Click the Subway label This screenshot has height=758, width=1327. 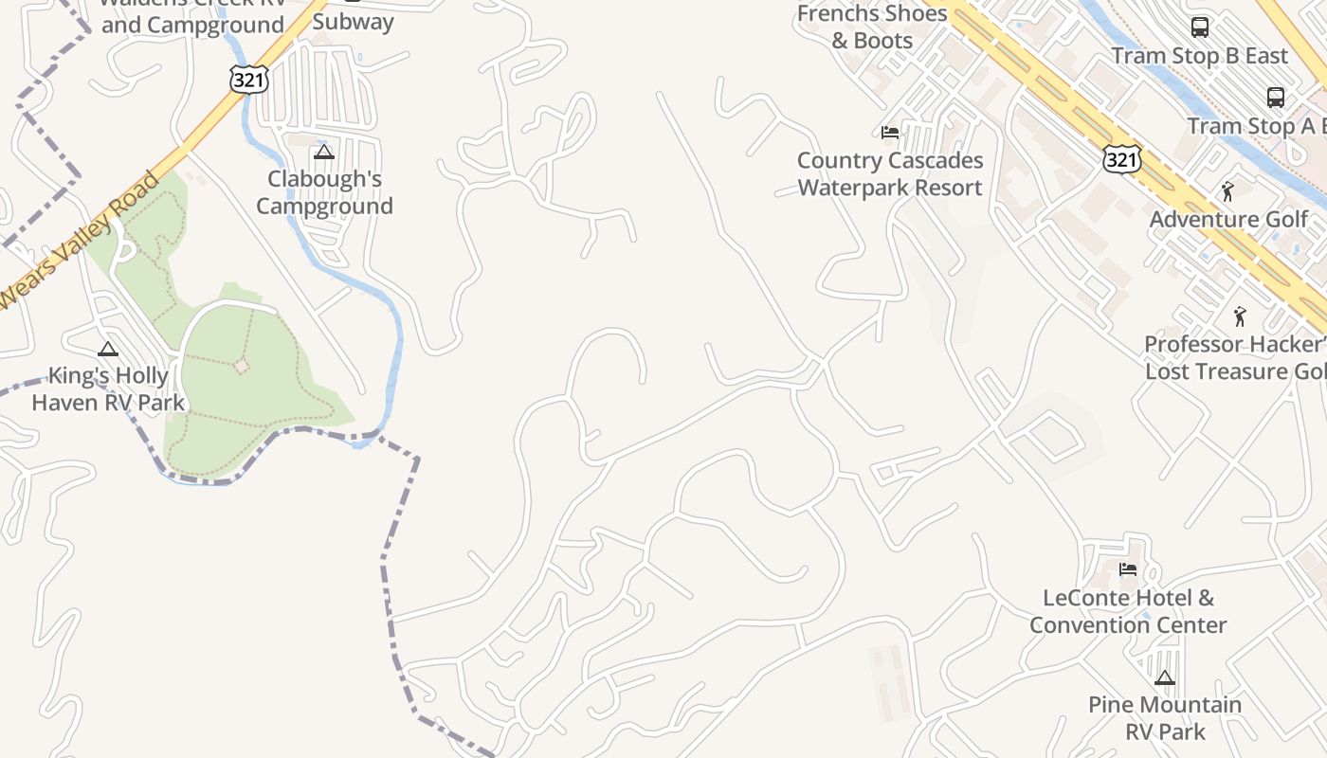coord(353,22)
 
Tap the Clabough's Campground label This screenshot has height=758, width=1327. coord(324,192)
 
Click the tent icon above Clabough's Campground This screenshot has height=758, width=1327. coord(324,152)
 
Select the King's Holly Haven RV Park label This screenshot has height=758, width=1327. coord(108,389)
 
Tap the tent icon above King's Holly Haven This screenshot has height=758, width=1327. coord(108,349)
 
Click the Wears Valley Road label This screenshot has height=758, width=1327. coord(80,241)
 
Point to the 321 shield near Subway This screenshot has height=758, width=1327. coord(248,80)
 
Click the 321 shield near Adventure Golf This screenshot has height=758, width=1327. coord(1121,159)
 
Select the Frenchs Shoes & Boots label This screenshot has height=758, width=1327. coord(872,27)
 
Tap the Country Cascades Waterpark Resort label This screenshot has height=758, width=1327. coord(890,174)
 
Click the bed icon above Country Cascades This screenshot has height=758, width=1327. coord(890,132)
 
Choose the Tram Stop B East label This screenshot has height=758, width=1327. coord(1200,56)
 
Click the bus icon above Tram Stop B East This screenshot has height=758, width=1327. coord(1200,27)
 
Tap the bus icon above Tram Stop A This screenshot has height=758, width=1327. coord(1276,97)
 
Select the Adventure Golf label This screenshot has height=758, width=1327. coord(1228,220)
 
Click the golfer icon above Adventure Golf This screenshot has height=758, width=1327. coord(1228,191)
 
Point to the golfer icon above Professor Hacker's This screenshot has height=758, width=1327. coord(1240,316)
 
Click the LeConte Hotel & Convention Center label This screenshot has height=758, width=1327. coord(1128,611)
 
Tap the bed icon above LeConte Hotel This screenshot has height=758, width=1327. coord(1128,569)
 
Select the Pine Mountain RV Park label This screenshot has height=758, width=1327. coord(1165,718)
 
